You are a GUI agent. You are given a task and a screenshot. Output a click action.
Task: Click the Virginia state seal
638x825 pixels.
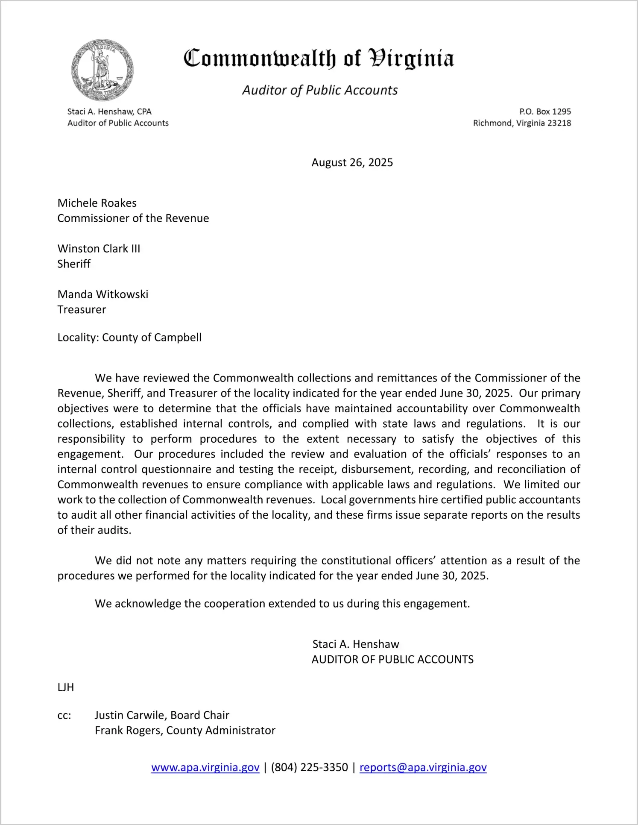pos(102,70)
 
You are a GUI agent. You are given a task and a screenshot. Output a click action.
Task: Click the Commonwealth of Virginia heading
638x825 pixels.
pos(319,59)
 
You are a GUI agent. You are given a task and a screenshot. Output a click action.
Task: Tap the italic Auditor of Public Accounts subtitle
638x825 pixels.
pos(320,90)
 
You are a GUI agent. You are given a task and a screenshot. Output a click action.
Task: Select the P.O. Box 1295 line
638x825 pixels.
pos(545,112)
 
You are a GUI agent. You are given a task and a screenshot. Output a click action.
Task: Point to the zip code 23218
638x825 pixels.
pos(559,123)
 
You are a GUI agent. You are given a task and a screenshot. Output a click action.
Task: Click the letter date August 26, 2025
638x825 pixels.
pos(352,162)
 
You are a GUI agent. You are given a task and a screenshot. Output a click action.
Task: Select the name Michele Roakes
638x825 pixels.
pos(97,203)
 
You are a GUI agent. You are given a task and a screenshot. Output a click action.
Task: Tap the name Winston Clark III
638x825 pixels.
pos(99,249)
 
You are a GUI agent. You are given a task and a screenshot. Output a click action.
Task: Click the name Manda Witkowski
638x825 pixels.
pos(103,294)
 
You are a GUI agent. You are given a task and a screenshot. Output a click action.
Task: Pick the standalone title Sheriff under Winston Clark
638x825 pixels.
pos(74,264)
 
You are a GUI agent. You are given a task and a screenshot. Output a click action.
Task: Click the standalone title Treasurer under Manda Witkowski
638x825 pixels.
pos(82,310)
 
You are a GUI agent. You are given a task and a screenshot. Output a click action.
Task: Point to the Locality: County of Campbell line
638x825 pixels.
pos(129,338)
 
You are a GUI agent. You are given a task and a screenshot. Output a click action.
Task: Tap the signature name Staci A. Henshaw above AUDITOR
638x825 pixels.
pos(356,644)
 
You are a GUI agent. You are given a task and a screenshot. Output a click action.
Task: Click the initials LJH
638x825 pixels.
pos(66,687)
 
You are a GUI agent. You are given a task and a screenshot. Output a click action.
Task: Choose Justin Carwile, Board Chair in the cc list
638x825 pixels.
pos(162,715)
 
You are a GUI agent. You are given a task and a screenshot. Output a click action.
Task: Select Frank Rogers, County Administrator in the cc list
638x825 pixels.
pos(185,731)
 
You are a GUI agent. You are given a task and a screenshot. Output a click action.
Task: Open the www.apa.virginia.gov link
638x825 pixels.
pos(205,767)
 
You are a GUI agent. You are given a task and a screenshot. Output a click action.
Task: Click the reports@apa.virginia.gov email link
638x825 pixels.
pos(423,767)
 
